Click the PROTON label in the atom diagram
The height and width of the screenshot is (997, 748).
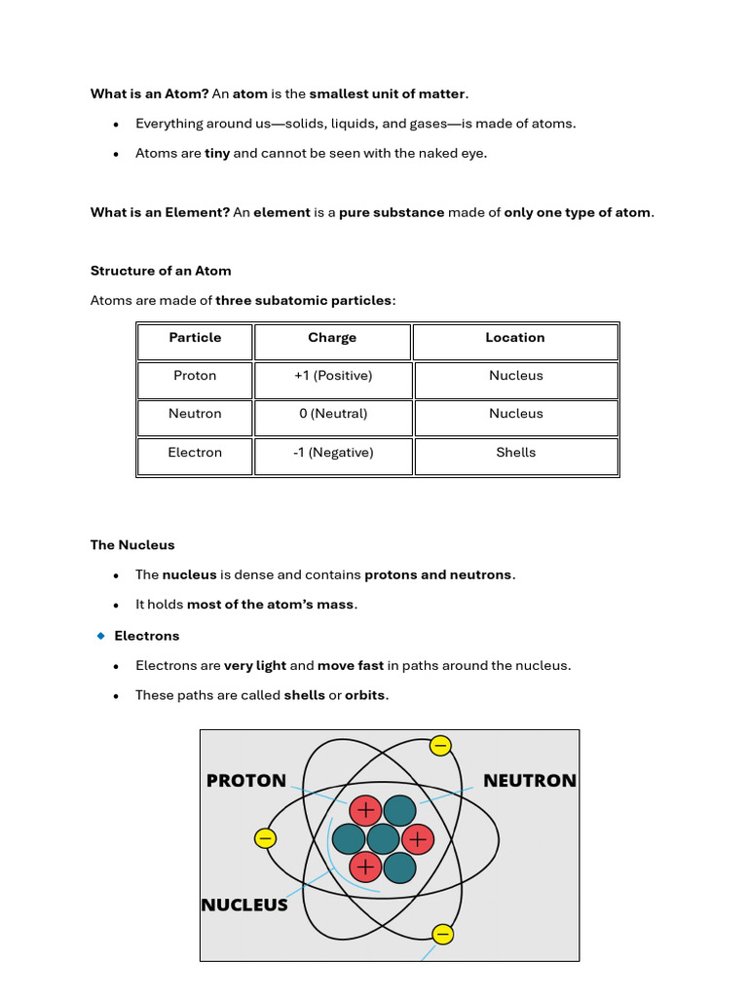[246, 781]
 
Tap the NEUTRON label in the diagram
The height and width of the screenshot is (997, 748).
[530, 781]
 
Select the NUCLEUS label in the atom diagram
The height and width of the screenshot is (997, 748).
[244, 905]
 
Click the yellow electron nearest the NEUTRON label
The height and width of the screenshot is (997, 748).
[440, 747]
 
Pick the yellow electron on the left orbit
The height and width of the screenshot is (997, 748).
[264, 838]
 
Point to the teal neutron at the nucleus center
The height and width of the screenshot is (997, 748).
[383, 838]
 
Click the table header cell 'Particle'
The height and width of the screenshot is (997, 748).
[195, 338]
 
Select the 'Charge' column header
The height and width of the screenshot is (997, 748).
[332, 338]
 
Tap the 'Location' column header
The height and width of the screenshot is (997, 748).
[515, 338]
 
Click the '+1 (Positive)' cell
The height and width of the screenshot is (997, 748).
[332, 376]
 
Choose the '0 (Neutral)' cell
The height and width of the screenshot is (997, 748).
[333, 414]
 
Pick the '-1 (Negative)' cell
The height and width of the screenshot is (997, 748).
[332, 453]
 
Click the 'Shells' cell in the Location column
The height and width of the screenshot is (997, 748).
[515, 453]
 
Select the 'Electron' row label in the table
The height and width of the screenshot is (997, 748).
[195, 453]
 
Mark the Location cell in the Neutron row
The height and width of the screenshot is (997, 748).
[515, 414]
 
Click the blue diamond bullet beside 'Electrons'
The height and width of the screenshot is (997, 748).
[100, 636]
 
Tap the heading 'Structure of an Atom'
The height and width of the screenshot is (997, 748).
[161, 271]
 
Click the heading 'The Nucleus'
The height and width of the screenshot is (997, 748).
[132, 545]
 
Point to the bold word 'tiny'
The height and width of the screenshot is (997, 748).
[217, 154]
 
